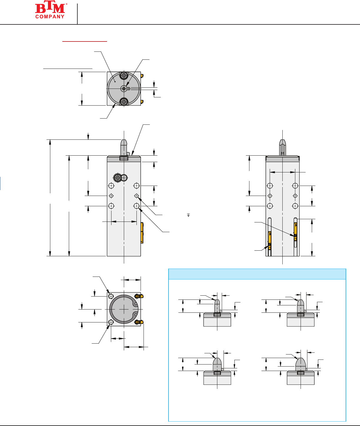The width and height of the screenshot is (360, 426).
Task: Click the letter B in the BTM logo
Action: tap(40, 9)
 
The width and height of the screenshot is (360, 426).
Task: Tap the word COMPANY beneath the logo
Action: tap(50, 17)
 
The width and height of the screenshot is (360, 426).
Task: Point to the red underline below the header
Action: tap(85, 41)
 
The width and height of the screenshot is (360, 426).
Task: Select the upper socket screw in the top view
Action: tap(124, 76)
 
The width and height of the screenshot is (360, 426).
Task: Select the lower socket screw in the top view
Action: tap(124, 101)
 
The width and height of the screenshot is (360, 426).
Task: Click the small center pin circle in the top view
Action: tap(124, 89)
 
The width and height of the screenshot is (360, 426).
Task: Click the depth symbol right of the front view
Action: tap(188, 215)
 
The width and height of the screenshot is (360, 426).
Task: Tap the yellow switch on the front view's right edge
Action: tap(142, 233)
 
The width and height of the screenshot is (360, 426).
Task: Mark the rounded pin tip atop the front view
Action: tap(124, 147)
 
